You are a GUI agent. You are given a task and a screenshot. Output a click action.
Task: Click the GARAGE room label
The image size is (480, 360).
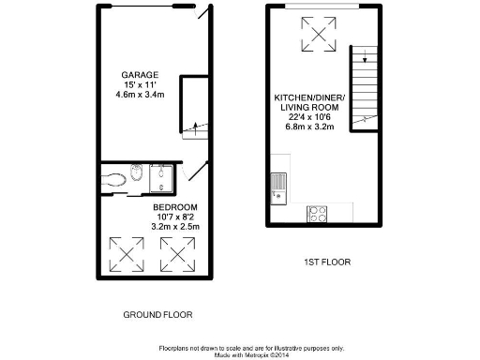tap(139, 74)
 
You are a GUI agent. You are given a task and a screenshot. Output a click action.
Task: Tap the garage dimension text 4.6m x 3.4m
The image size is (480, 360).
tap(139, 95)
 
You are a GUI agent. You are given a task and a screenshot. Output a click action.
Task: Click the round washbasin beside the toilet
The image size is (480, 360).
tap(137, 172)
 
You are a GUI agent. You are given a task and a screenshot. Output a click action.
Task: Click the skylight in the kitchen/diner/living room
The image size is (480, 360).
tap(317, 37)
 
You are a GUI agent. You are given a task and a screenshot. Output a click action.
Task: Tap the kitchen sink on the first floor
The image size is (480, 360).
tap(277, 183)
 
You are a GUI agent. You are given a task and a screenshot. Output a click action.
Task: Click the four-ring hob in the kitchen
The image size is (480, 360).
tap(316, 213)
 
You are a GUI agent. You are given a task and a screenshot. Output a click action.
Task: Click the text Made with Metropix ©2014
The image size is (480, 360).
tap(252, 353)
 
